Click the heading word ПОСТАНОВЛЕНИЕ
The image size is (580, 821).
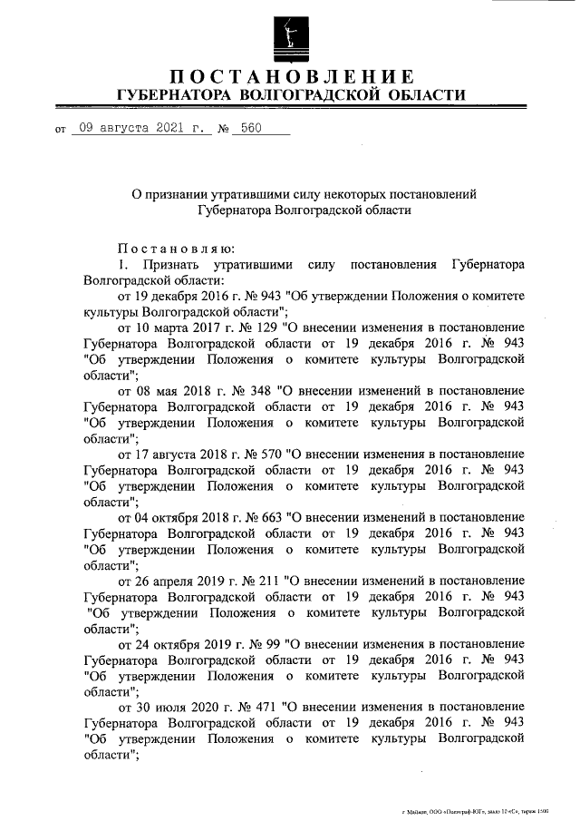pyautogui.click(x=291, y=76)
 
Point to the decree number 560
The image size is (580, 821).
pyautogui.click(x=247, y=129)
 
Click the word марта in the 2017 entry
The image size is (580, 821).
pyautogui.click(x=172, y=326)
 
